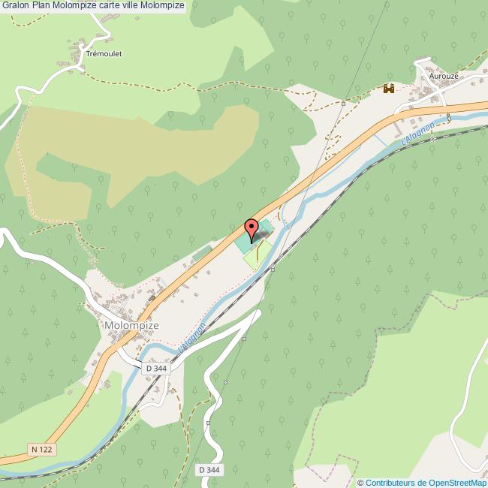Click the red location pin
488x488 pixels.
coord(252,227)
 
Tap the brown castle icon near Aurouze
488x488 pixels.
coord(389,89)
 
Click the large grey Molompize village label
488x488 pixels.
coord(132,326)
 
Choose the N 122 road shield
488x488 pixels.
coord(44,449)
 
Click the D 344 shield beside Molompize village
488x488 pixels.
coord(156,369)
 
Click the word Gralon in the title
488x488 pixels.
coord(16,6)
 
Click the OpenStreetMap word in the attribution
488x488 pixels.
coord(457,483)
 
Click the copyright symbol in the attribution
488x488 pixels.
coord(361,483)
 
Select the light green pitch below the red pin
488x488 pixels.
coord(257,255)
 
